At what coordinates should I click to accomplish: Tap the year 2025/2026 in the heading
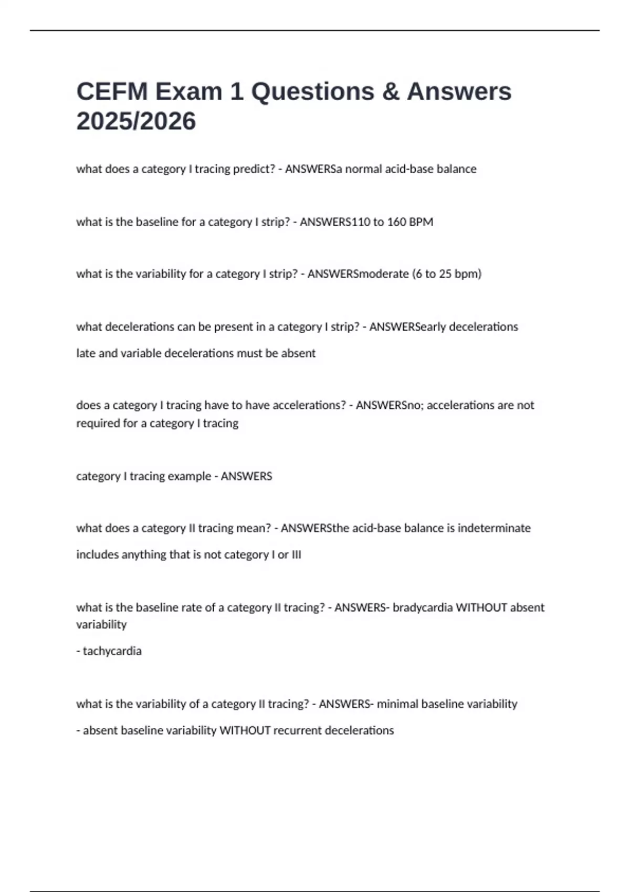click(136, 122)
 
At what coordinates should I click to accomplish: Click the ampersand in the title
click(390, 92)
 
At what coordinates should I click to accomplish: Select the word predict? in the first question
click(254, 169)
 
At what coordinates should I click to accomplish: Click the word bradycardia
click(422, 608)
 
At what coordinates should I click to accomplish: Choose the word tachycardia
click(112, 651)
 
